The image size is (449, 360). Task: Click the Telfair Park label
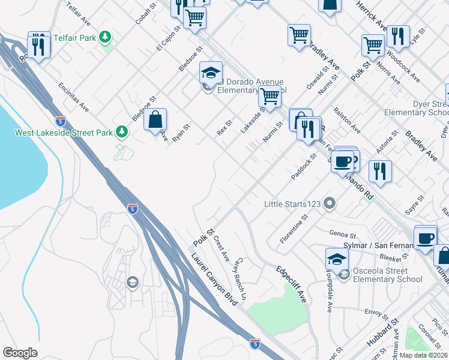75,37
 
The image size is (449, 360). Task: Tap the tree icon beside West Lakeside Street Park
122,131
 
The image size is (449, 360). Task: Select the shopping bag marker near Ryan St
155,119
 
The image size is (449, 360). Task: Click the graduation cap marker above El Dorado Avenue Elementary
211,73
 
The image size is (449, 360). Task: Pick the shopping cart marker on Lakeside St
270,96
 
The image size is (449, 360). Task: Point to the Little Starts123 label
292,205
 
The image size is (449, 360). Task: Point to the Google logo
20,353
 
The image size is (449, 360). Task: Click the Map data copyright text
423,355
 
